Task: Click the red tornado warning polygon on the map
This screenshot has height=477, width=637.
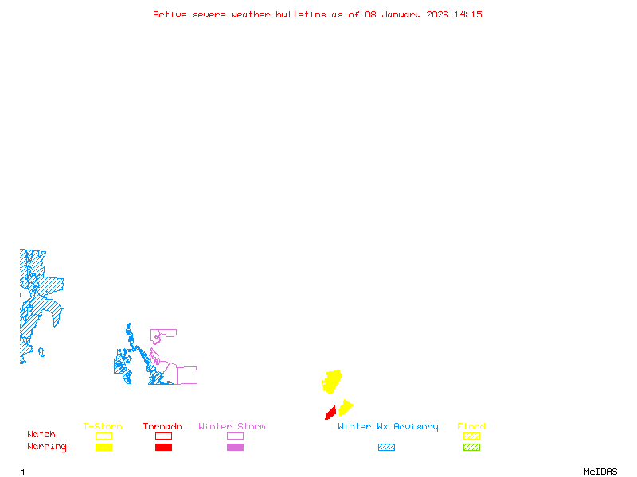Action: click(330, 413)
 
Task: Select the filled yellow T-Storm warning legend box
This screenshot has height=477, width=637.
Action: click(104, 448)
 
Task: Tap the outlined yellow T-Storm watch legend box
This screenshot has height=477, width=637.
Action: click(104, 436)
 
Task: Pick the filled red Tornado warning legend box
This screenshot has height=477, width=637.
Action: click(163, 448)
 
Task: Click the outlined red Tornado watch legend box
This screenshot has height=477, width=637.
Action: click(163, 436)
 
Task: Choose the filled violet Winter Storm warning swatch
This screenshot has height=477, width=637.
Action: click(235, 448)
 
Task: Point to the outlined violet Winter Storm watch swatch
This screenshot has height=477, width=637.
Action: click(235, 436)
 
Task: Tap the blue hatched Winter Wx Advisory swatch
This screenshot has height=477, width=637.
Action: click(386, 448)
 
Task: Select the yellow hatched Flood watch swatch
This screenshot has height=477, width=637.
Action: click(471, 436)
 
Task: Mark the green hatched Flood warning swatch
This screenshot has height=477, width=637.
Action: click(471, 448)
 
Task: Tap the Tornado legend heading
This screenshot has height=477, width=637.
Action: click(162, 427)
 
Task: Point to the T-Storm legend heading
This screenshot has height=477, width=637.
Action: click(103, 427)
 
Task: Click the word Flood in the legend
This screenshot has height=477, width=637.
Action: click(471, 427)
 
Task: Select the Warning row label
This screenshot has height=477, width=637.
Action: click(47, 447)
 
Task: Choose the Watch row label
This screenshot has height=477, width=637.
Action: click(41, 435)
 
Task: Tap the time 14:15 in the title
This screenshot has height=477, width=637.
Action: click(468, 14)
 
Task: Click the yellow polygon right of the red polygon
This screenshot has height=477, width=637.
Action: click(345, 408)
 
